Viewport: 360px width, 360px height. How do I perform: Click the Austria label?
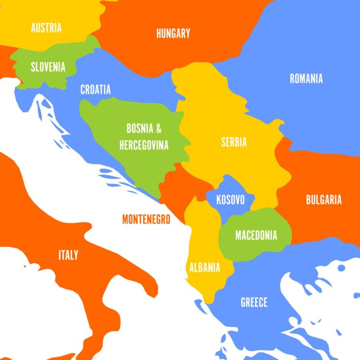[46, 28]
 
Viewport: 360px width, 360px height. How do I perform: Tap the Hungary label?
[173, 34]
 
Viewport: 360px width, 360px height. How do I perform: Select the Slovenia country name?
[48, 67]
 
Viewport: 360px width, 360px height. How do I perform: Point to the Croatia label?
[96, 90]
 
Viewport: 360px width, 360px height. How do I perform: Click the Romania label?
[306, 79]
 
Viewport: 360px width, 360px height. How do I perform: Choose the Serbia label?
[234, 142]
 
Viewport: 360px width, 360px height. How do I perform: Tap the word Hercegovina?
[144, 144]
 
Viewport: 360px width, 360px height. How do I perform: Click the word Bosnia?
[140, 129]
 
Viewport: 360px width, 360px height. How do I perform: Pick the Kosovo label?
[230, 200]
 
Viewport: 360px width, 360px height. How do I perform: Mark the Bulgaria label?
[324, 200]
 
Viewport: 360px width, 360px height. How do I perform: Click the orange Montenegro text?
[146, 219]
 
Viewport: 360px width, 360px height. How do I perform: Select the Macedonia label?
[256, 236]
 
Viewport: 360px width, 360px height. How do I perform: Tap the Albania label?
[205, 267]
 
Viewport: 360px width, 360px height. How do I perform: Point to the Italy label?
[68, 255]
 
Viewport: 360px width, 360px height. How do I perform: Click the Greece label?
[254, 302]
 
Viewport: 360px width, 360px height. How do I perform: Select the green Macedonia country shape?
[254, 247]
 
